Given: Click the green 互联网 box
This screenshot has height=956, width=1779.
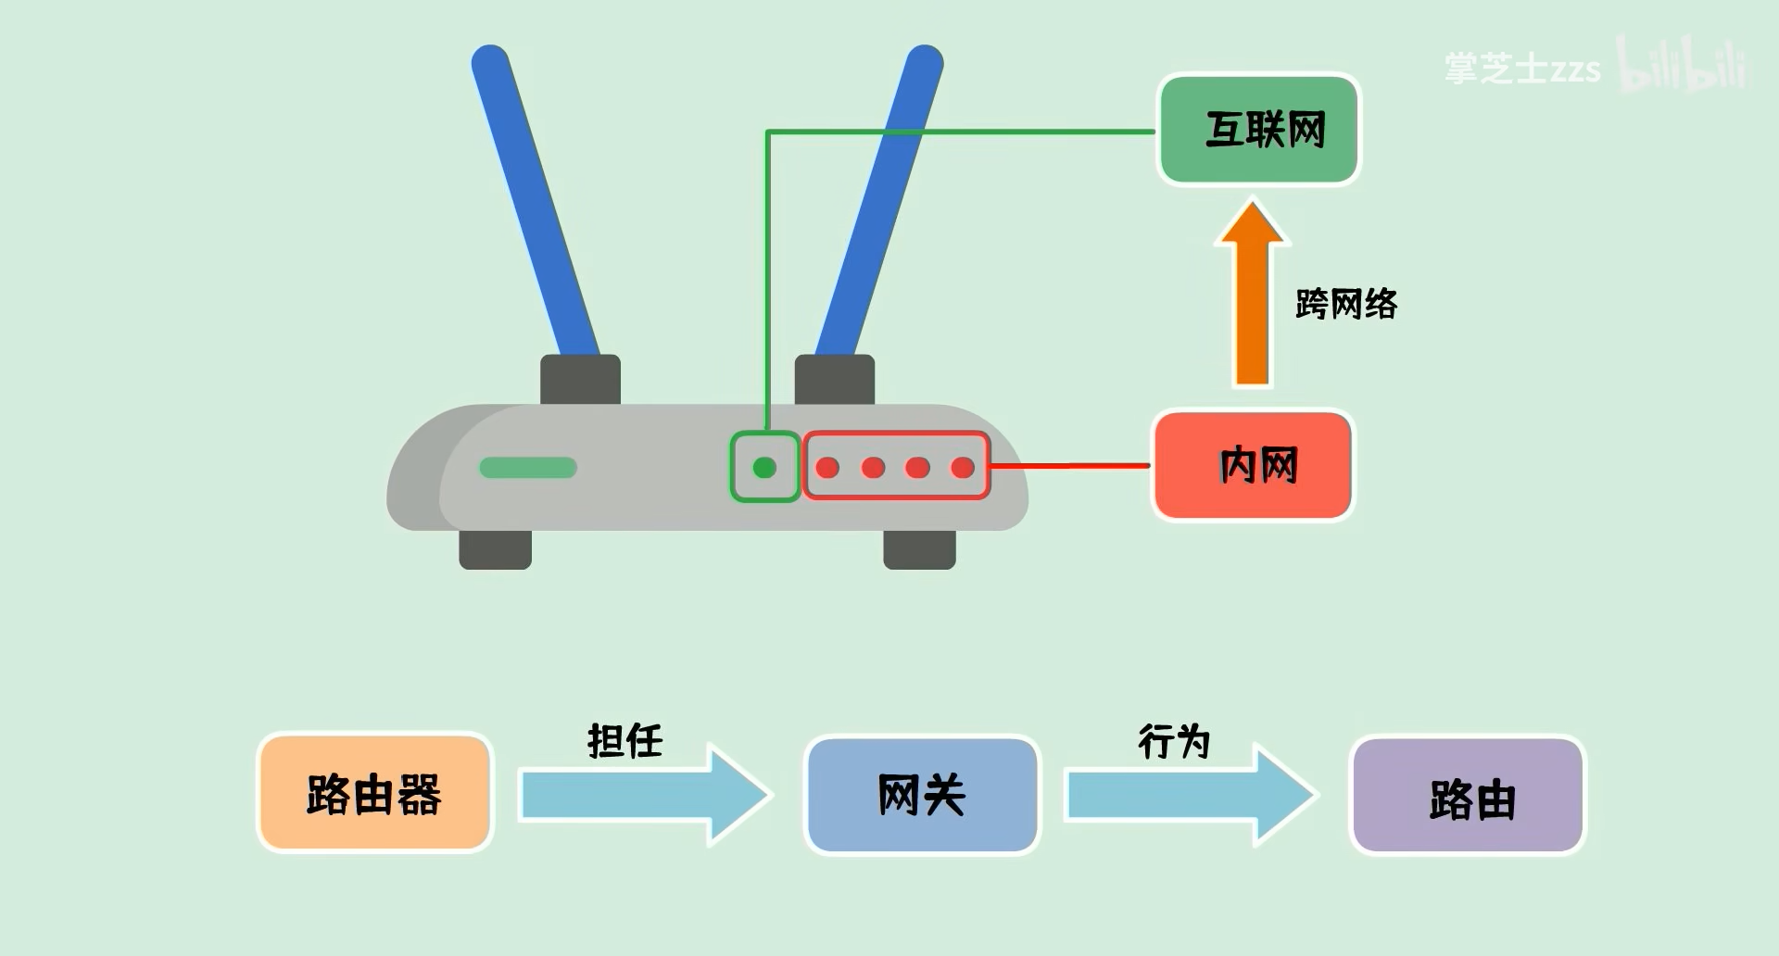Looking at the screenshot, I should pyautogui.click(x=1259, y=130).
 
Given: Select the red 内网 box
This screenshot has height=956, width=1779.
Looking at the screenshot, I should pyautogui.click(x=1253, y=465).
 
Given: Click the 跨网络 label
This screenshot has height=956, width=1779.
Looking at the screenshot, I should pyautogui.click(x=1345, y=304).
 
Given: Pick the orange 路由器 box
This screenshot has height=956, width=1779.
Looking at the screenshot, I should pyautogui.click(x=374, y=794).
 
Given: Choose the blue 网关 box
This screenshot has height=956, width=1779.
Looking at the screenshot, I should pyautogui.click(x=922, y=795).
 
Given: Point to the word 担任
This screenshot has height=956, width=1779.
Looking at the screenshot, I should pyautogui.click(x=625, y=741).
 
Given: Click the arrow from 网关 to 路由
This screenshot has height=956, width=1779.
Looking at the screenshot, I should pyautogui.click(x=1190, y=795).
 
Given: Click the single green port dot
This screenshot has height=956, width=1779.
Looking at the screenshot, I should pyautogui.click(x=764, y=468).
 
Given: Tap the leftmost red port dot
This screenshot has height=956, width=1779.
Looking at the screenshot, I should pyautogui.click(x=827, y=468).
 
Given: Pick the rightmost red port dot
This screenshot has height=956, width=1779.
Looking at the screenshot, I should pyautogui.click(x=963, y=468).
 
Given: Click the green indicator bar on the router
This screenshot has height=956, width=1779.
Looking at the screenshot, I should pyautogui.click(x=528, y=468).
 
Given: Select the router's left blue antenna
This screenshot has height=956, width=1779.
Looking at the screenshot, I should pyautogui.click(x=535, y=199).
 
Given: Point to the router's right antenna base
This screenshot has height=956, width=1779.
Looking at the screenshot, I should pyautogui.click(x=835, y=379).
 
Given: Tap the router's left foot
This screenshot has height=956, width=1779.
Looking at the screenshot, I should pyautogui.click(x=495, y=549).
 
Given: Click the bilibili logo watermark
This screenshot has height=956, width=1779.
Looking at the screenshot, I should pyautogui.click(x=1683, y=65).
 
